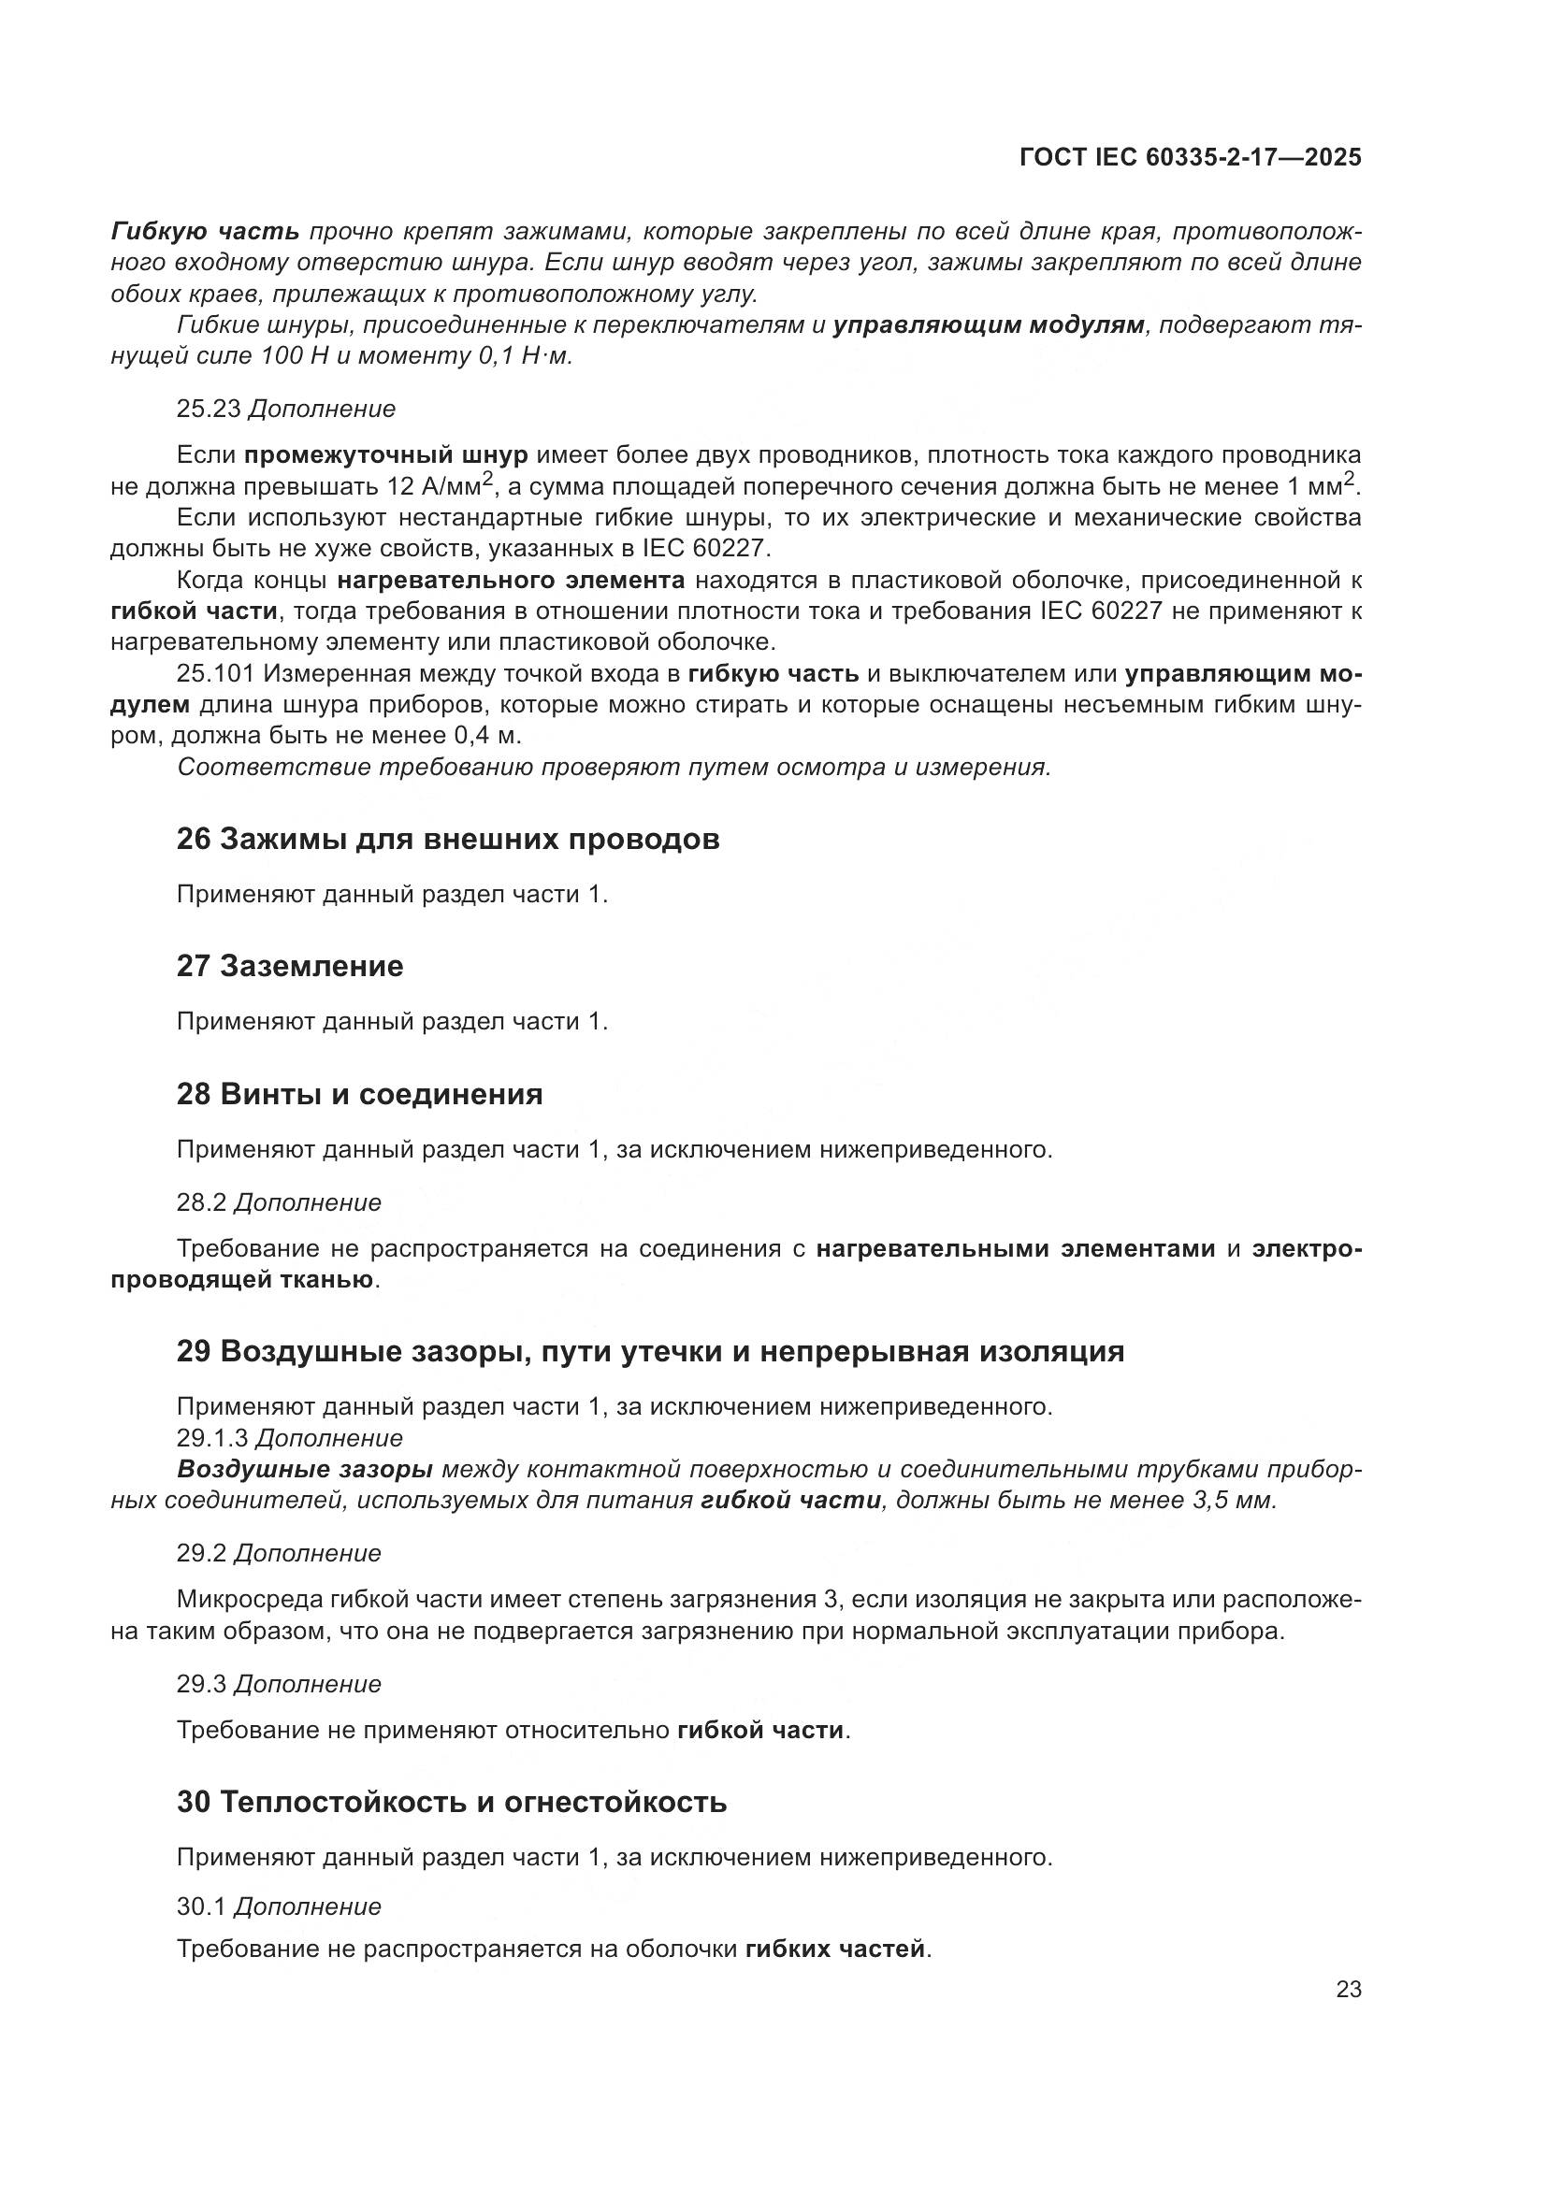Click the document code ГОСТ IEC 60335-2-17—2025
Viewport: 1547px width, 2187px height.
(x=1190, y=157)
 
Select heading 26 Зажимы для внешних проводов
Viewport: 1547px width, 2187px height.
(x=448, y=839)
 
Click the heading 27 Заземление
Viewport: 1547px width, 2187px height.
(x=290, y=966)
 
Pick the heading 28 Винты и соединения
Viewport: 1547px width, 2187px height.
(x=359, y=1094)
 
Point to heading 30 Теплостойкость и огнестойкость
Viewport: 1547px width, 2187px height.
(x=452, y=1802)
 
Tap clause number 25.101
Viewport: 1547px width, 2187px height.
(x=215, y=673)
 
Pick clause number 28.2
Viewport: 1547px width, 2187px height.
(x=201, y=1202)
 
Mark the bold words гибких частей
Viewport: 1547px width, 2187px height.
(x=834, y=1949)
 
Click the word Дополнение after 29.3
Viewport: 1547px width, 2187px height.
(x=308, y=1684)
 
